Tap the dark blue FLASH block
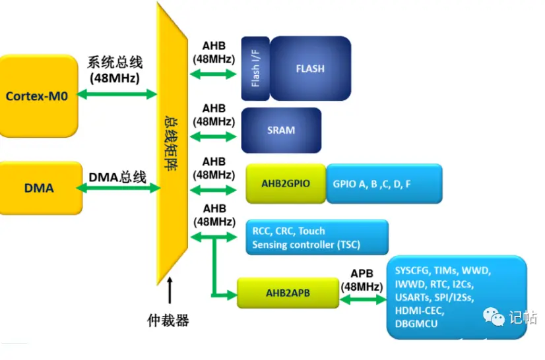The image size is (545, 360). point(310,69)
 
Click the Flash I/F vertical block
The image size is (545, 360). point(255,69)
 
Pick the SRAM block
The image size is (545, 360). point(281,130)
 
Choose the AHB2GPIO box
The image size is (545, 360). point(286,184)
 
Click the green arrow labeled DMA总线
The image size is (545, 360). point(119,189)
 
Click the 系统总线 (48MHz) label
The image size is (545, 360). point(115,71)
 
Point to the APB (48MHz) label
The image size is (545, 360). point(362,280)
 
